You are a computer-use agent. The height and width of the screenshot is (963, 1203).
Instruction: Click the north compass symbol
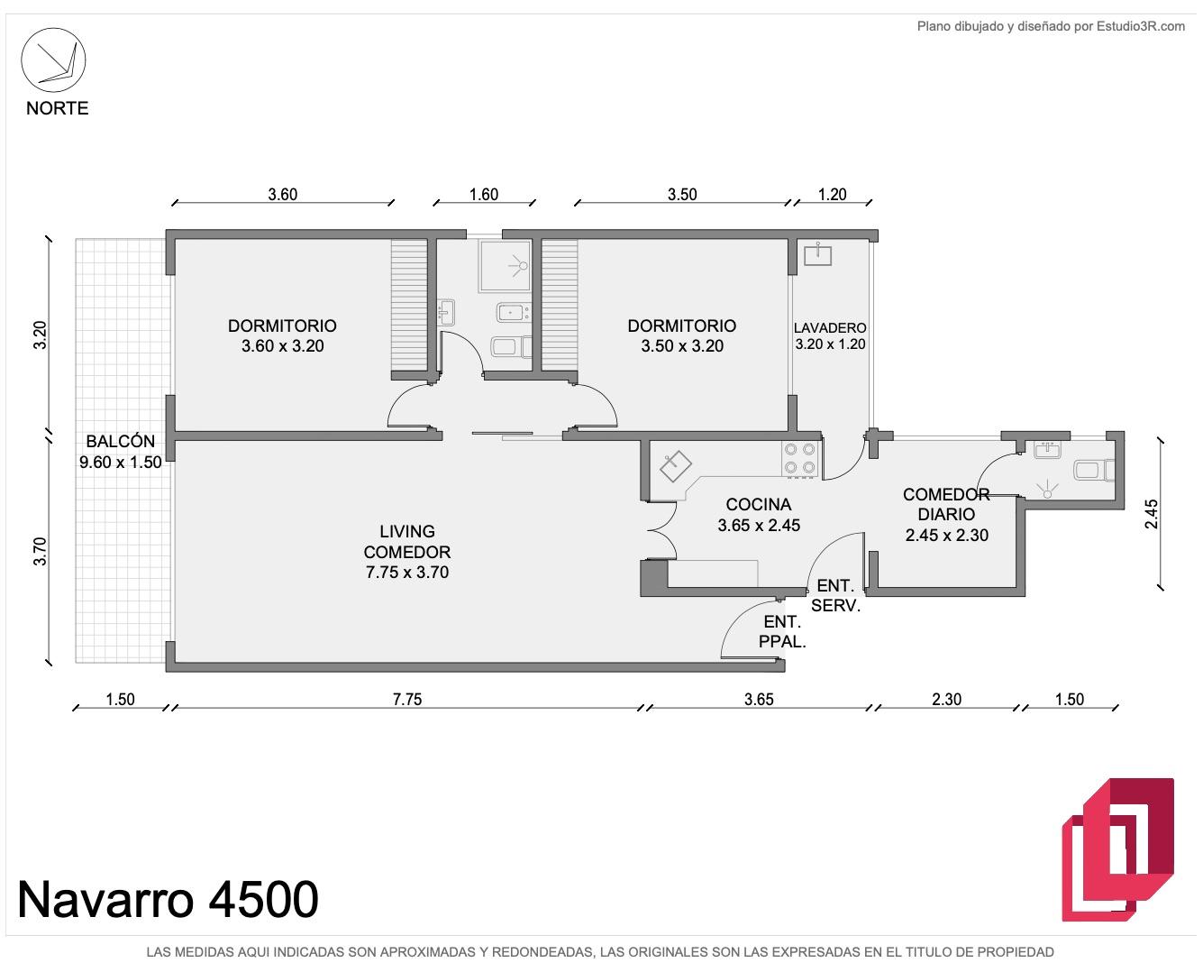click(x=53, y=60)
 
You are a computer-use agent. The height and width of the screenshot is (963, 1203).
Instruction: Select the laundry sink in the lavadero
click(x=818, y=254)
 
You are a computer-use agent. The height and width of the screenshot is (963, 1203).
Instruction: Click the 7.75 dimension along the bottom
click(x=407, y=699)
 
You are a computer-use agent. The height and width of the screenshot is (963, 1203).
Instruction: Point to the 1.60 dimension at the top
click(x=484, y=194)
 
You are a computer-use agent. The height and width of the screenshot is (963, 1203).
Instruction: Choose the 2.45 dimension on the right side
click(x=1151, y=514)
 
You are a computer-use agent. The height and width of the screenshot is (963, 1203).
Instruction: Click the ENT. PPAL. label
click(x=782, y=632)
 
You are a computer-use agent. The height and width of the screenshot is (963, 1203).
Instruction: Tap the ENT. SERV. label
click(x=835, y=595)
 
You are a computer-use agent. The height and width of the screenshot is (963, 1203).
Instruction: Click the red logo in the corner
click(x=1118, y=849)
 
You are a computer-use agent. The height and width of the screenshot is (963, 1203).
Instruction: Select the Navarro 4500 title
click(x=168, y=899)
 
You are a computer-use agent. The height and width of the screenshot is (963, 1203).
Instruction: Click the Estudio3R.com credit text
click(x=1051, y=26)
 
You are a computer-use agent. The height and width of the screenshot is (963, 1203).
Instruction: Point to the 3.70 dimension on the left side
click(x=40, y=551)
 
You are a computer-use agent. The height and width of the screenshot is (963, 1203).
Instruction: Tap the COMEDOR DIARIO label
click(x=946, y=514)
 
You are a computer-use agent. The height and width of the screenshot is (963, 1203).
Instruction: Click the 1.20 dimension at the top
click(x=833, y=194)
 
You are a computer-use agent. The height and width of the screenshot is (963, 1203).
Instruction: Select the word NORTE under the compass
click(x=57, y=108)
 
